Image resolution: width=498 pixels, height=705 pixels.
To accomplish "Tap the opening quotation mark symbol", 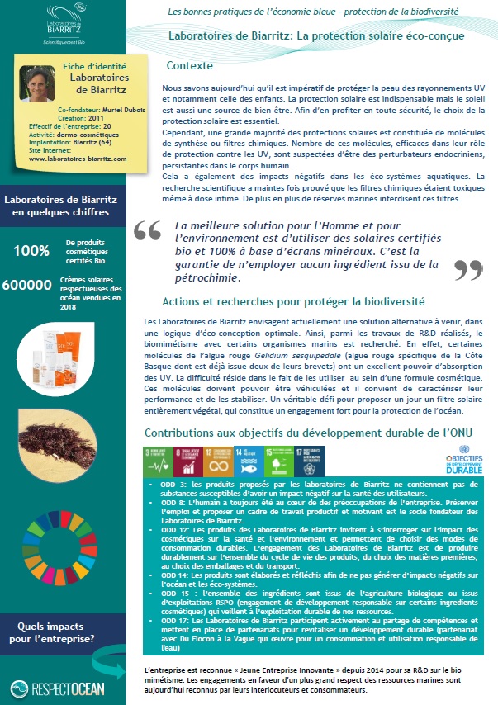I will click(147, 229).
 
